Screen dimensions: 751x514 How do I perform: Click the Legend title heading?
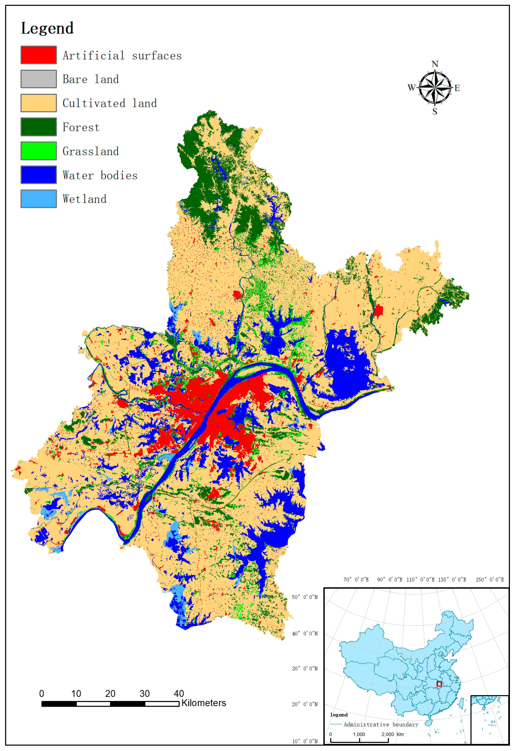48,28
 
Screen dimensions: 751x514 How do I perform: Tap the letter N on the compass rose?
435,64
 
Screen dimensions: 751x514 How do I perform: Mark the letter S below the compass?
435,112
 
